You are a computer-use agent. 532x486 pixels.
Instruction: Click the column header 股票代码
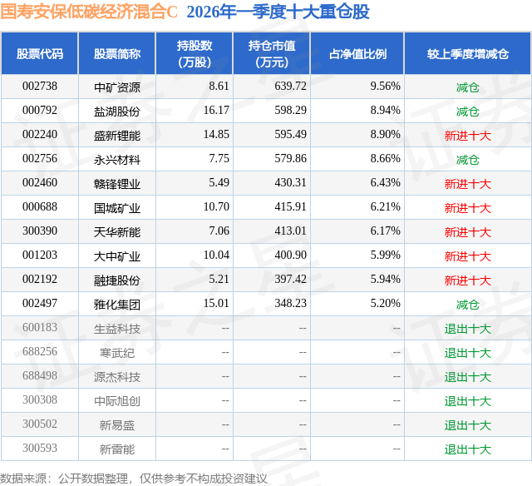(39, 53)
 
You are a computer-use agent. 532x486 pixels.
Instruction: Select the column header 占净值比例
(357, 53)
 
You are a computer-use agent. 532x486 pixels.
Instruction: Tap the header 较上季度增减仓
(467, 53)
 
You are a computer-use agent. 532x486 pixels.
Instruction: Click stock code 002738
(39, 87)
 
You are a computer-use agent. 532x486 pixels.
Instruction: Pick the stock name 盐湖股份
(117, 111)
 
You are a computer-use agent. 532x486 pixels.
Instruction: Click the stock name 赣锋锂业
(117, 183)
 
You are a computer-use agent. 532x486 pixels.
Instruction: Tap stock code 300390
(39, 231)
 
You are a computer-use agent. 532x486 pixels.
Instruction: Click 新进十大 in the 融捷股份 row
(467, 280)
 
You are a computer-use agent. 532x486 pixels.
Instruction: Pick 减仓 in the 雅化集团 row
(467, 305)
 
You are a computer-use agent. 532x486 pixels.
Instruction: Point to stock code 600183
(39, 329)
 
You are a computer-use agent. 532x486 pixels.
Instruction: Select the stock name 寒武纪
(117, 353)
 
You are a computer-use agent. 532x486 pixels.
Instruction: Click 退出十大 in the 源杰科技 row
(467, 377)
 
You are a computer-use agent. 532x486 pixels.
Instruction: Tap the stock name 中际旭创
(117, 401)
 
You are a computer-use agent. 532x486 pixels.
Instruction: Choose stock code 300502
(39, 425)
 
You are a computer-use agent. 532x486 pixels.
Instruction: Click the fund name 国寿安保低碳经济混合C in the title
(90, 12)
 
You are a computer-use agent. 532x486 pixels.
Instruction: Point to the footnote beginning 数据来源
(134, 479)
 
